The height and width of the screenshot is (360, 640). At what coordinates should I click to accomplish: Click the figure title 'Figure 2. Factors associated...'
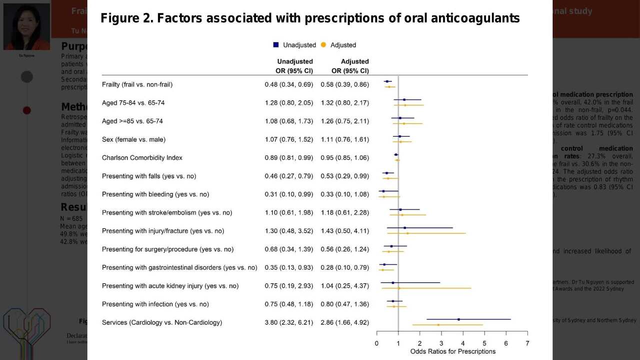pos(310,18)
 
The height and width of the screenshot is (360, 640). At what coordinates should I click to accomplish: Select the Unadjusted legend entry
pos(294,45)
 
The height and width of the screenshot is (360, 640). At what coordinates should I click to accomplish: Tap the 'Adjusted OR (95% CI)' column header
pos(350,66)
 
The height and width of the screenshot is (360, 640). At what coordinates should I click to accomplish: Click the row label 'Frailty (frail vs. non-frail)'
pos(137,84)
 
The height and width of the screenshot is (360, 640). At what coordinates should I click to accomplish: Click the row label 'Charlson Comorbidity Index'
pos(142,157)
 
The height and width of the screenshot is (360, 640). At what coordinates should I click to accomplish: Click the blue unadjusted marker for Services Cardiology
pos(458,319)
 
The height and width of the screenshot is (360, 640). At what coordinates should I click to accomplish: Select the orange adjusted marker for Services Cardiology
pos(438,325)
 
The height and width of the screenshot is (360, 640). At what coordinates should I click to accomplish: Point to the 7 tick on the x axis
pos(527,343)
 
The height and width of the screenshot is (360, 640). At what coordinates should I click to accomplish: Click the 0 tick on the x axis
pos(376,343)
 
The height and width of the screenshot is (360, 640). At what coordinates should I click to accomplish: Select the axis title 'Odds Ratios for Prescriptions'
pos(452,351)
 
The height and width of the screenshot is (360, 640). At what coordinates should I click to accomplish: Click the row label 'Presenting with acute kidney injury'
pos(170,286)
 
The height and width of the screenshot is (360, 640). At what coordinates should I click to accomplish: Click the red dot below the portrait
pos(27,110)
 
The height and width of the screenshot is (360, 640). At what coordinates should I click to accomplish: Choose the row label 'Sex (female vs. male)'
pos(133,139)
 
